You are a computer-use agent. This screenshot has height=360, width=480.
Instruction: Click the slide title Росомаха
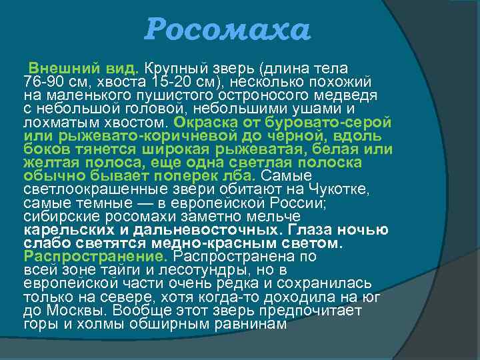pyautogui.click(x=228, y=29)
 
